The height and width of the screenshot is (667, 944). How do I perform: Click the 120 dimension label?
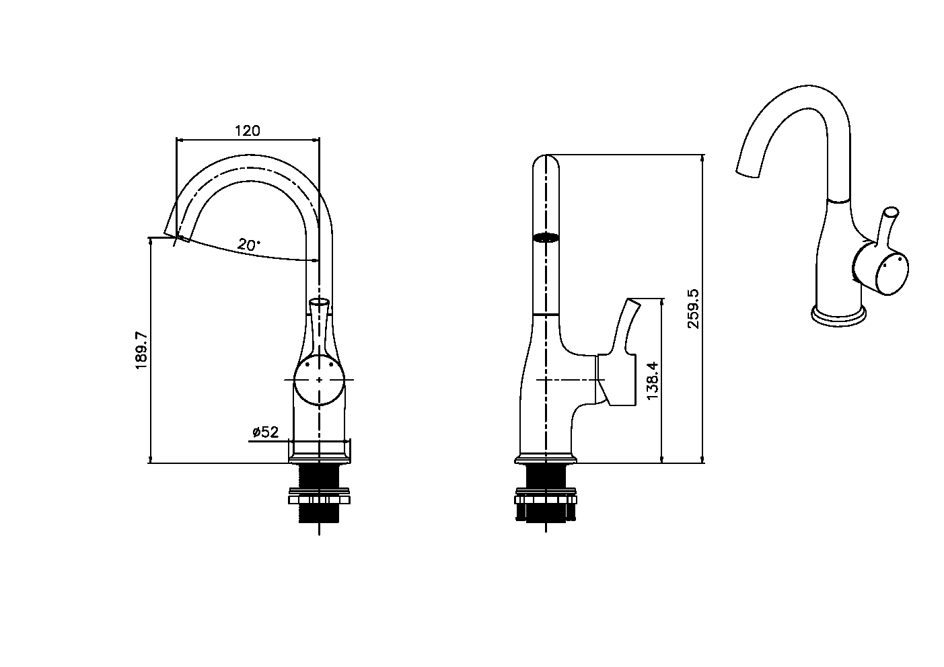click(248, 130)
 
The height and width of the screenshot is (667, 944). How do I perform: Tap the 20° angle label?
click(249, 244)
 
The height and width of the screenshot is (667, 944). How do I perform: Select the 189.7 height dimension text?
click(141, 350)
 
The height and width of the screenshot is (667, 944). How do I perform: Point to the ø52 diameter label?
click(266, 432)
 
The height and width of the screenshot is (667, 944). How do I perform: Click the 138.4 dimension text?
click(652, 381)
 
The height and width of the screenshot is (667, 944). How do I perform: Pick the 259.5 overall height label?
click(693, 309)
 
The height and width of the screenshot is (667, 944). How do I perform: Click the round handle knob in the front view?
click(319, 380)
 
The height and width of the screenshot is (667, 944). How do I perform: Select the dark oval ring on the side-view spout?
click(546, 238)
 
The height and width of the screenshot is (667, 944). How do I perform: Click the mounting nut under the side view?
click(546, 496)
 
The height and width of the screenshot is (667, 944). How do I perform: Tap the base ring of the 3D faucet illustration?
click(838, 315)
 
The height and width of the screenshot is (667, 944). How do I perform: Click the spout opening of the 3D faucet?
click(748, 173)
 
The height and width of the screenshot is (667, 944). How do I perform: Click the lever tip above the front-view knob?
click(319, 301)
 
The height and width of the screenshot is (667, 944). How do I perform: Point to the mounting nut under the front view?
click(319, 496)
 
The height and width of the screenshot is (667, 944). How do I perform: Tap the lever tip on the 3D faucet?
click(892, 211)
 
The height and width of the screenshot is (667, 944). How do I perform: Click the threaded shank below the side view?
click(546, 494)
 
